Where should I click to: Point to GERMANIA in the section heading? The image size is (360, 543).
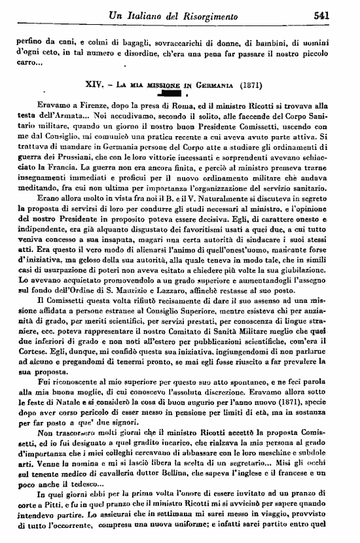210,85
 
